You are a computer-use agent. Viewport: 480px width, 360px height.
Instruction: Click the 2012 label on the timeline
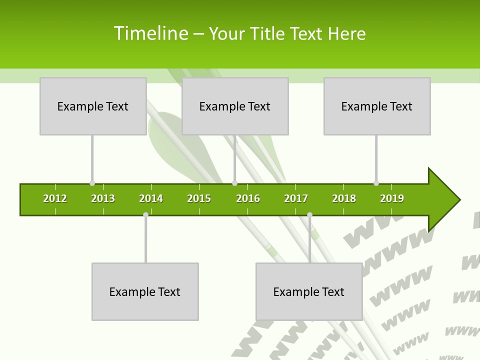[55, 198]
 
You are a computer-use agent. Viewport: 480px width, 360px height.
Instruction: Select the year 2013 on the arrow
[103, 198]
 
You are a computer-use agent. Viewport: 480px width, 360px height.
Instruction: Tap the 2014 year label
[151, 198]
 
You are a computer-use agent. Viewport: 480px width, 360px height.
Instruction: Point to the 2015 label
[199, 198]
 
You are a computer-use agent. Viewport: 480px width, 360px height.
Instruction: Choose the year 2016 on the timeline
[248, 198]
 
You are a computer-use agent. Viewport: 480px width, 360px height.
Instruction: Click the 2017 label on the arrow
[296, 198]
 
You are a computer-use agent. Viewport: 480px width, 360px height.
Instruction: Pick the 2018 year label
[344, 198]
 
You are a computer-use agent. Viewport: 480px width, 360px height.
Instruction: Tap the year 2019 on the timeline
[392, 198]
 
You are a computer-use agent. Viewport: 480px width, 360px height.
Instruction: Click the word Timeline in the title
[150, 33]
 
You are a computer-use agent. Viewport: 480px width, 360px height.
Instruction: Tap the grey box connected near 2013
[93, 106]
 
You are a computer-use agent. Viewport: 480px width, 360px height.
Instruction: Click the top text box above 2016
[235, 106]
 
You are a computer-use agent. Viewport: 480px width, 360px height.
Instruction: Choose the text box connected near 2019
[377, 106]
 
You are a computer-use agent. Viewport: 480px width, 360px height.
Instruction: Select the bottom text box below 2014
[145, 291]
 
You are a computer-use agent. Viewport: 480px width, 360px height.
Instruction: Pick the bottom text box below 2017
[309, 291]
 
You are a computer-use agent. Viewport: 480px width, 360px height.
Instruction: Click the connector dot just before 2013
[92, 183]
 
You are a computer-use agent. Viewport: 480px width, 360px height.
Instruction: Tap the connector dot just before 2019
[376, 183]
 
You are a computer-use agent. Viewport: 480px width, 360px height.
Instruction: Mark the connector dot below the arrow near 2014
[145, 214]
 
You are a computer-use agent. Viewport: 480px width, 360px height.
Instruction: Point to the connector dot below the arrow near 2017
[309, 214]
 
